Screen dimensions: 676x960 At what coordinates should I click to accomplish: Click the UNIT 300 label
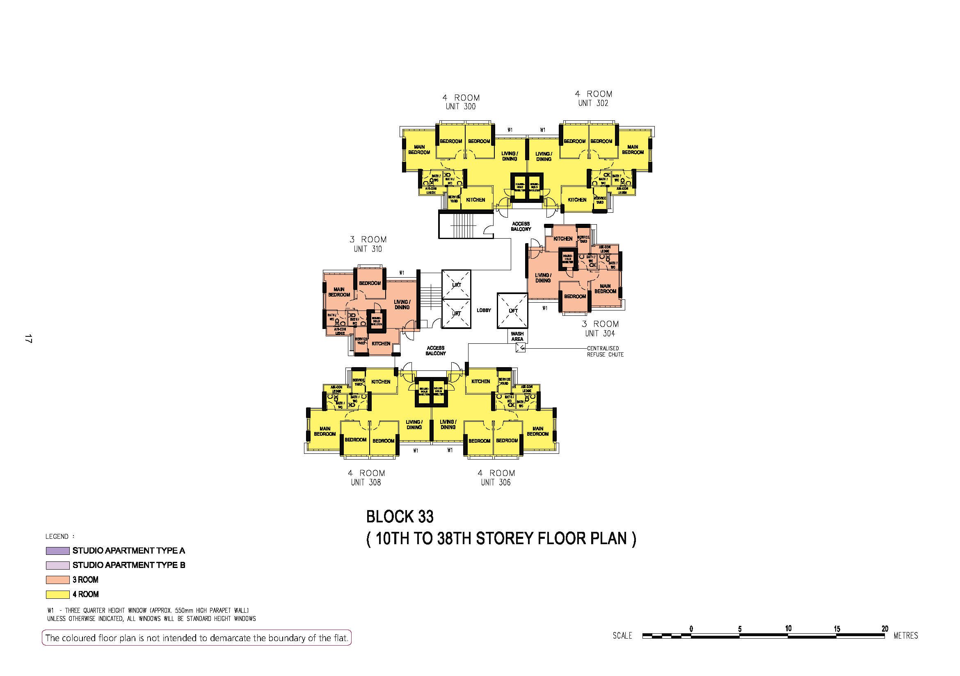coord(460,107)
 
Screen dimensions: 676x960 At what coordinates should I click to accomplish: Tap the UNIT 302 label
coord(593,103)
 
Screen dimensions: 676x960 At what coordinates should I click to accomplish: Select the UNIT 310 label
coord(368,249)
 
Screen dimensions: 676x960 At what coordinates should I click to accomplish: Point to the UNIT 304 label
coord(600,333)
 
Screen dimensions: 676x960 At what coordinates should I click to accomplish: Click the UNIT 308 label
coord(366,483)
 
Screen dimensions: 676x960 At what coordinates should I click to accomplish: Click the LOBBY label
coord(484,310)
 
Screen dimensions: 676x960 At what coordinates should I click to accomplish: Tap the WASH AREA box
coord(517,336)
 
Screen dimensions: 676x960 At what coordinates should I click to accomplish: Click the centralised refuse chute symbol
coord(520,347)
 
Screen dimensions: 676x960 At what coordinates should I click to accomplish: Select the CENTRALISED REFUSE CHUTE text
coord(605,351)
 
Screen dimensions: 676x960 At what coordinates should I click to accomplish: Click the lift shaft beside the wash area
coord(512,310)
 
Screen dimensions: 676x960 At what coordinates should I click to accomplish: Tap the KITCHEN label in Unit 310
coord(381,344)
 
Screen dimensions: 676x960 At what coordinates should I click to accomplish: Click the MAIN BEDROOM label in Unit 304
coord(605,289)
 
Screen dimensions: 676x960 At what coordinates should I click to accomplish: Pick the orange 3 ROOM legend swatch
coord(58,580)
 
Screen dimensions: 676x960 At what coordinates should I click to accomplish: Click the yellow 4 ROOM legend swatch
coord(58,594)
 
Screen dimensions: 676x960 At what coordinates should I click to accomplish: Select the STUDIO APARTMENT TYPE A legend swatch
coord(58,551)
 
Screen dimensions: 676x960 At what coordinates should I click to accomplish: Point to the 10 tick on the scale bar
coord(788,628)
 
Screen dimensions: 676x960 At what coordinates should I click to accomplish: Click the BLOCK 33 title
coord(400,517)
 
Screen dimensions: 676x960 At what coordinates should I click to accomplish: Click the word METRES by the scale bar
coord(906,635)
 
